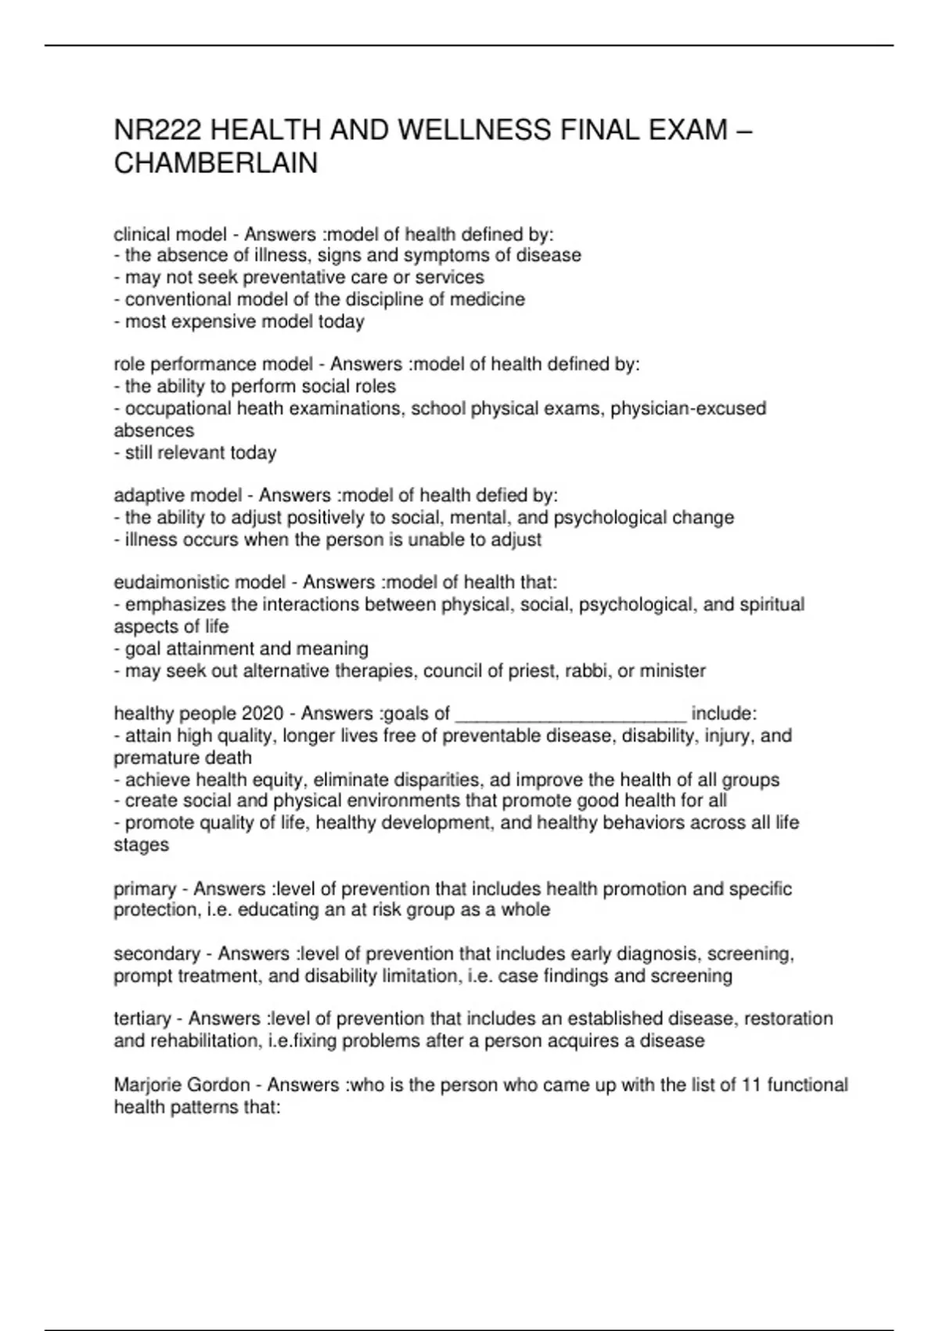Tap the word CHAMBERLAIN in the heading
tap(216, 164)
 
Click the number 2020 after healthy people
tap(263, 713)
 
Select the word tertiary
tap(142, 1019)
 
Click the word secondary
tap(156, 954)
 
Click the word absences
tap(153, 431)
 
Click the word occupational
tap(178, 409)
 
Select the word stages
tap(141, 846)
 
